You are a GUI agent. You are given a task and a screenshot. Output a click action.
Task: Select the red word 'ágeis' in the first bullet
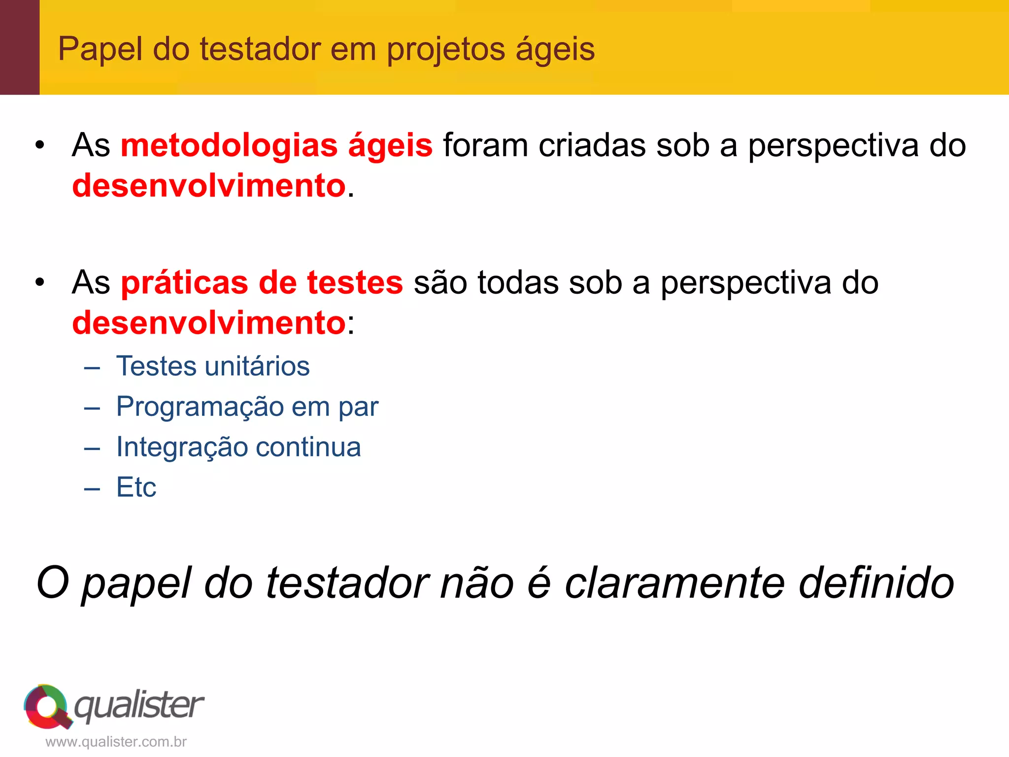tap(390, 146)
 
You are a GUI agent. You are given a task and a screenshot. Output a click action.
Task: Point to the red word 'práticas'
tap(184, 283)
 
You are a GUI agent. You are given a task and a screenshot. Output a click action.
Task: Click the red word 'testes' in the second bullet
tap(355, 283)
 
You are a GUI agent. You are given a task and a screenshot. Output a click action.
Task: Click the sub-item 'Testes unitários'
tap(213, 366)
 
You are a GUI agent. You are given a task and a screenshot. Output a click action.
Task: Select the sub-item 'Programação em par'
tap(247, 407)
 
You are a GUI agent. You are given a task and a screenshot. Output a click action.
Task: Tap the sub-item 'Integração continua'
tap(238, 447)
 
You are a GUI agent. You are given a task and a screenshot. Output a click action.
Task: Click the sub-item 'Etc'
tap(136, 487)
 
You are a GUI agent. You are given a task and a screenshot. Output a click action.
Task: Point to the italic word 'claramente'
tap(674, 583)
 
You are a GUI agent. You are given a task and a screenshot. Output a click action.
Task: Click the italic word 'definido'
tap(876, 583)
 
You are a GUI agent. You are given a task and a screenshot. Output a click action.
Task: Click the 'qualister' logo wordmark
tap(139, 705)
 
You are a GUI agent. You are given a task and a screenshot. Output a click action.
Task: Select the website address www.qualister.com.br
tap(116, 742)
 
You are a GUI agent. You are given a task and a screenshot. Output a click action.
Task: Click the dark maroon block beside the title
tap(20, 47)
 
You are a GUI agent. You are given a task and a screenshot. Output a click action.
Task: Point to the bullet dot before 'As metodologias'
tap(40, 145)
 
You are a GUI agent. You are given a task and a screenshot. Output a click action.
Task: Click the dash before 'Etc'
tap(92, 488)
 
